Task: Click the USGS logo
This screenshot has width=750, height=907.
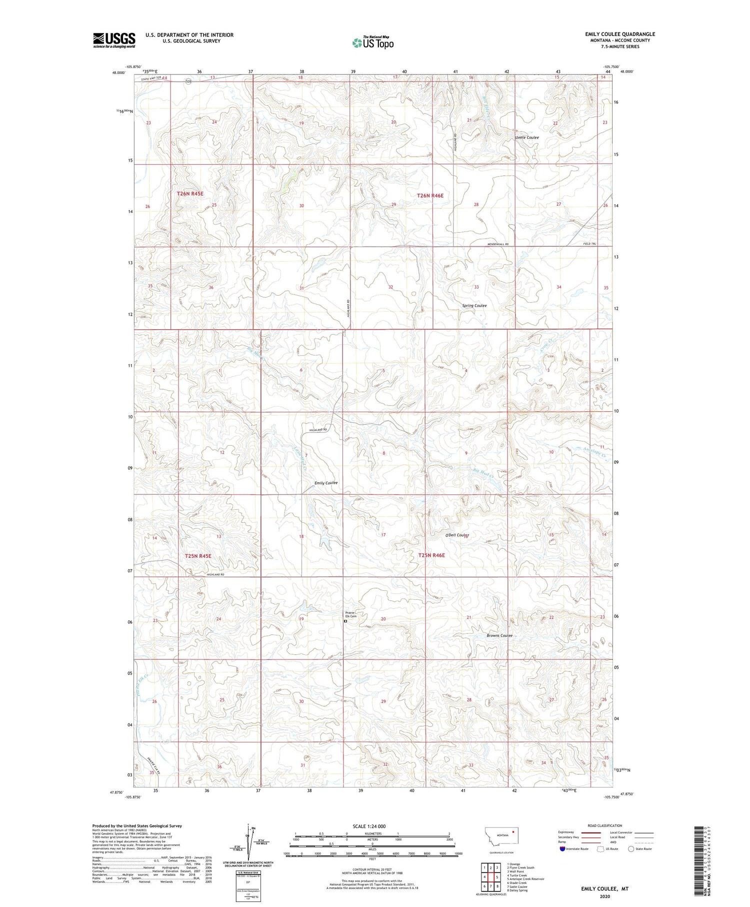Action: (114, 40)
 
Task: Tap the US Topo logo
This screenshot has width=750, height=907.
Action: (372, 43)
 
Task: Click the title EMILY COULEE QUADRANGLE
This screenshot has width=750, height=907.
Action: (620, 34)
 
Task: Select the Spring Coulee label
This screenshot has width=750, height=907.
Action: (474, 305)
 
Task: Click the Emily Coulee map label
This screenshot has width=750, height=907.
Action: (326, 483)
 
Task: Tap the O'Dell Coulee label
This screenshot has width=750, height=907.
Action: (457, 535)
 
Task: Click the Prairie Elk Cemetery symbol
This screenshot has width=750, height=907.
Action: (345, 622)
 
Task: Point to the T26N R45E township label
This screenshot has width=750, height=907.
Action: (190, 193)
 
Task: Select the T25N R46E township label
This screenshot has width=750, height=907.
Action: (431, 555)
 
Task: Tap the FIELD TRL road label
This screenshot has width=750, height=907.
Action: (589, 244)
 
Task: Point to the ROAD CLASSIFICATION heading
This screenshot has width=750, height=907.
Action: (605, 825)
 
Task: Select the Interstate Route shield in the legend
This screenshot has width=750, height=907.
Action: (562, 849)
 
